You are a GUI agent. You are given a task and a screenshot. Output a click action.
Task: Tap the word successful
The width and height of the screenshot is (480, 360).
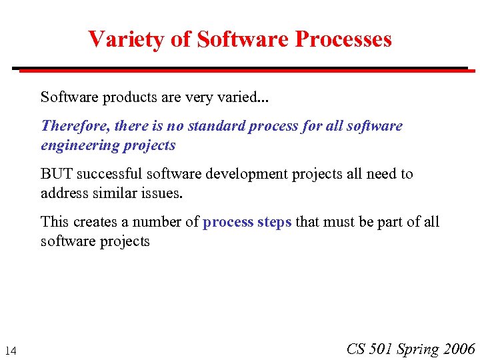coord(109,174)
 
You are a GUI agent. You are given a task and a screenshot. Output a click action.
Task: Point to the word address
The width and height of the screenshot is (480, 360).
coord(62,193)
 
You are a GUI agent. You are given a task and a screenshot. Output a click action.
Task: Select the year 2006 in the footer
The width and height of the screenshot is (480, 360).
coord(458,349)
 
